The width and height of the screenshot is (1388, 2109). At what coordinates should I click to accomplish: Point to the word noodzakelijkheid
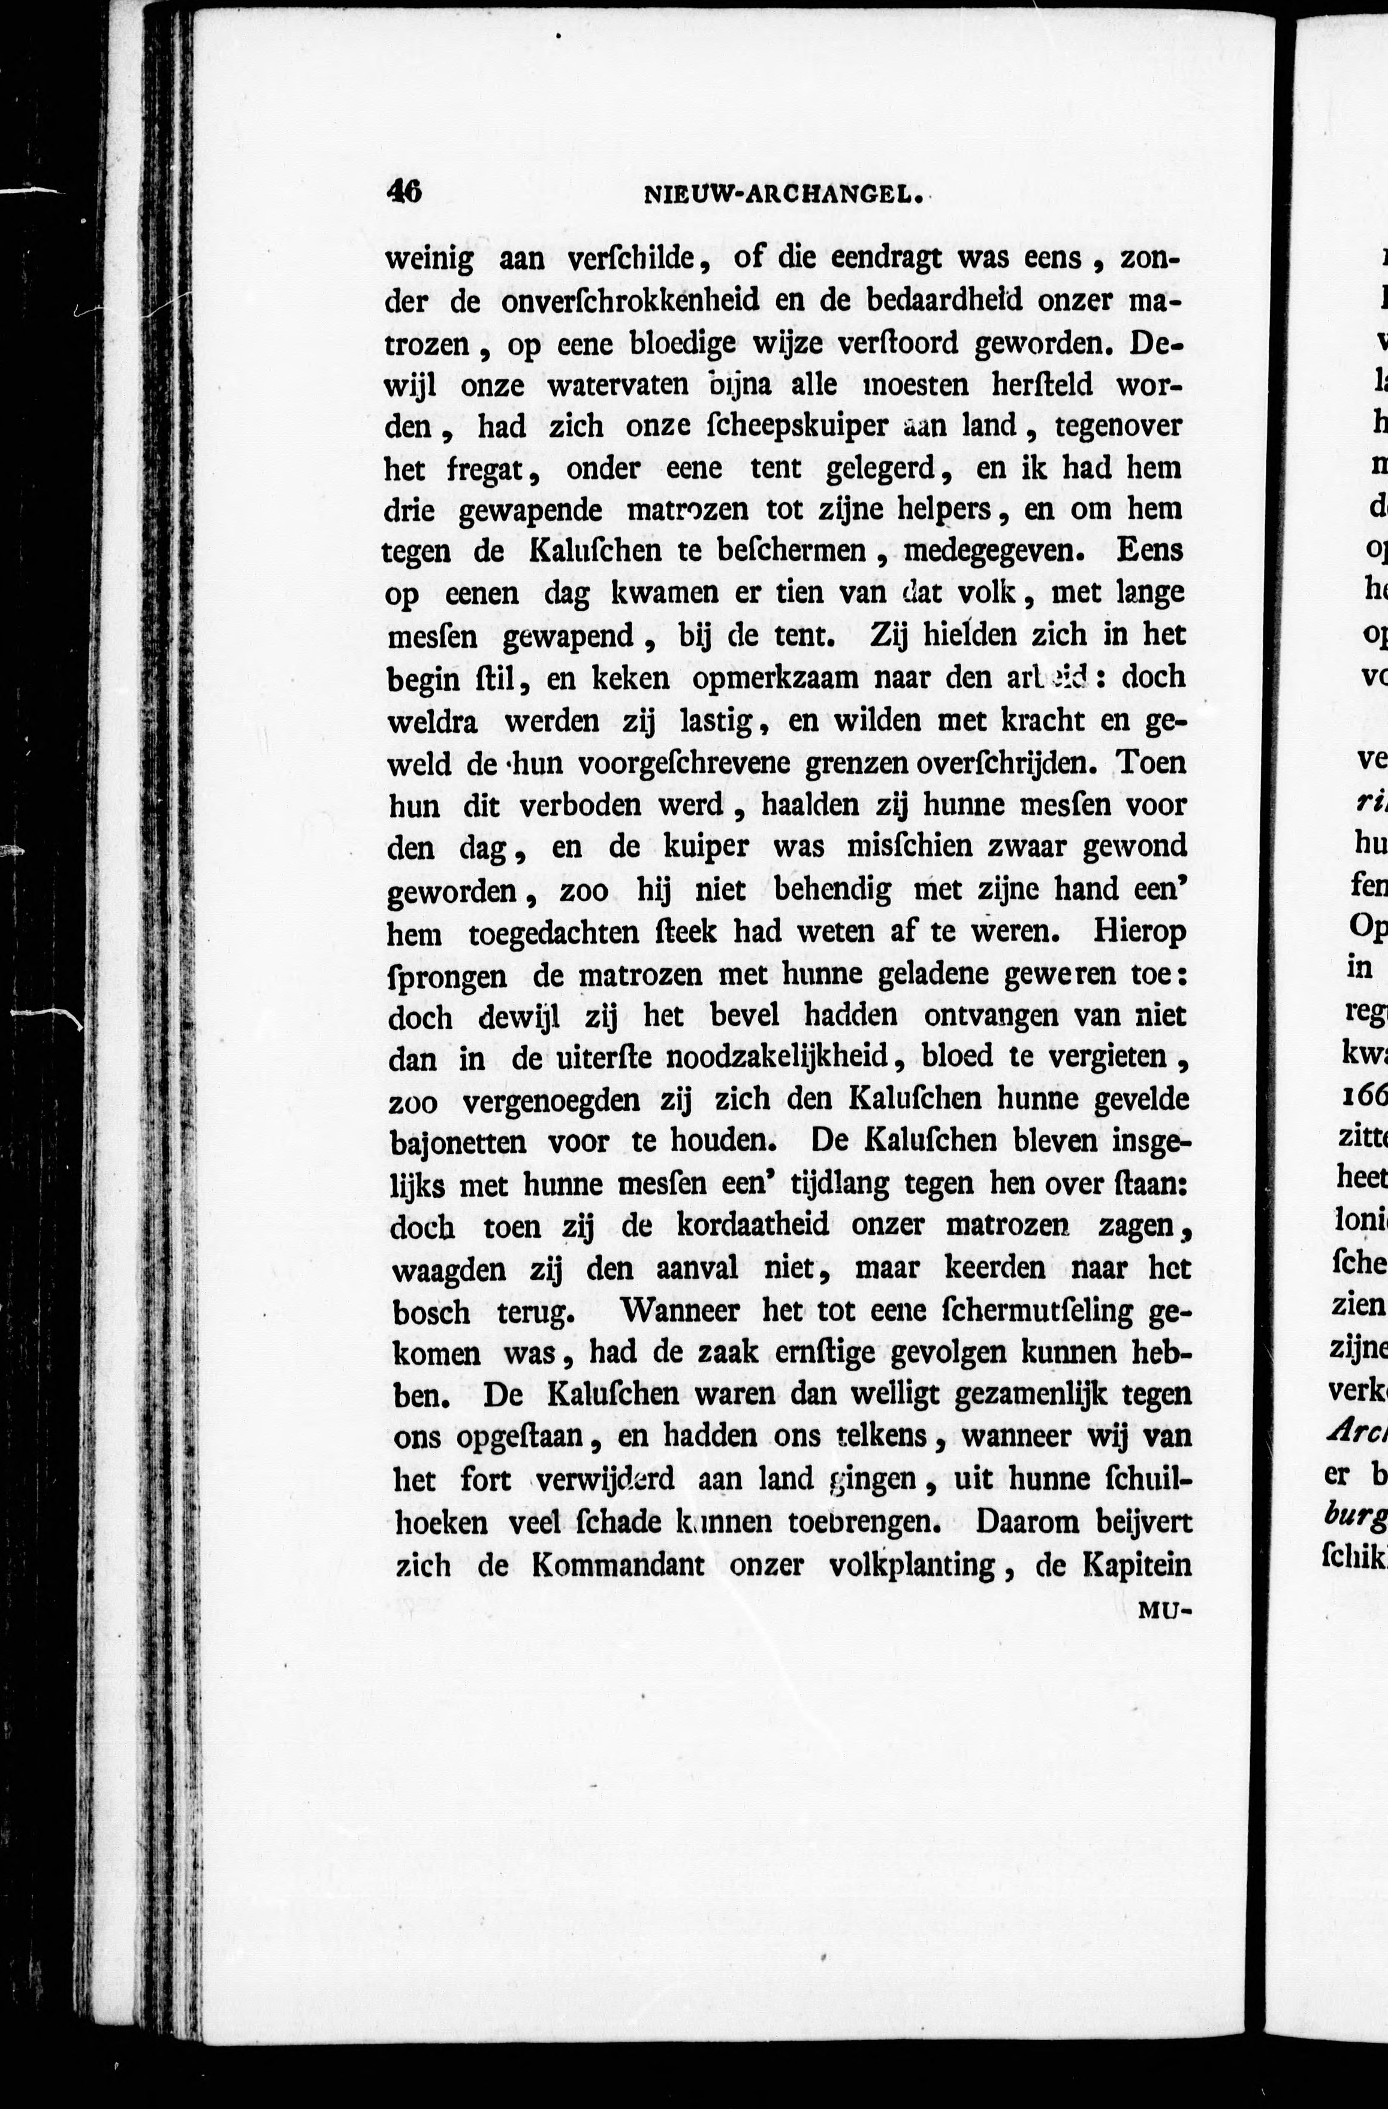(777, 1057)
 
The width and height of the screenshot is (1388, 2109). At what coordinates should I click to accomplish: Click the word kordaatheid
(753, 1226)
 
